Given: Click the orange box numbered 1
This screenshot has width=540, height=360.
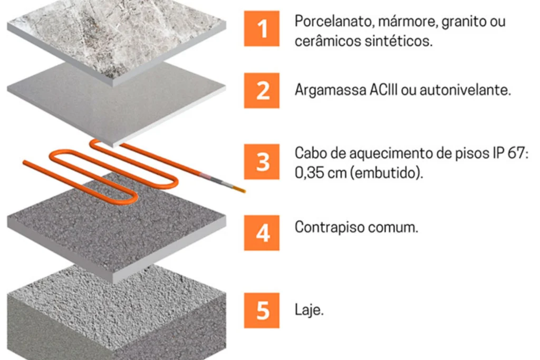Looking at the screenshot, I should pos(262,28).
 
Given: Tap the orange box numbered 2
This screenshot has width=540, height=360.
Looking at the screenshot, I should pos(262,90).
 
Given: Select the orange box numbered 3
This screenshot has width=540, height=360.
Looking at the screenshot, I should pos(262,161).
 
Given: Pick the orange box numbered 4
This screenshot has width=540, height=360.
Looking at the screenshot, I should pos(262,232).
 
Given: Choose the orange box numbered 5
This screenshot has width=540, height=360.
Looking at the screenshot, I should pos(262,310).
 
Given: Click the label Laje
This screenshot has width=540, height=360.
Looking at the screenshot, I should pos(308,310).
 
